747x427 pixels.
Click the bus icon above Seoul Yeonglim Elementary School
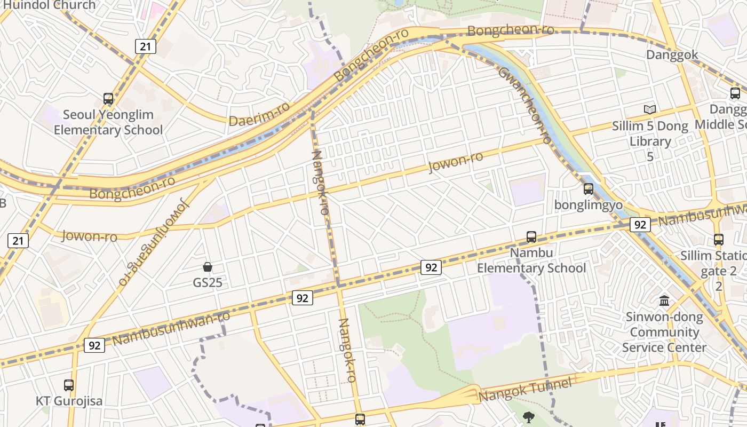(108, 99)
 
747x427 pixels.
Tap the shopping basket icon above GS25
(208, 267)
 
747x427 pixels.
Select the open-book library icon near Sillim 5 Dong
(649, 109)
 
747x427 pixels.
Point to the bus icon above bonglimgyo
(589, 189)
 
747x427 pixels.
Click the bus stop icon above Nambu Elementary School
(531, 236)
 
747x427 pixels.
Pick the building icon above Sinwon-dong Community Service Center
(664, 301)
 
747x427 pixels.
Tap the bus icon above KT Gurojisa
(69, 385)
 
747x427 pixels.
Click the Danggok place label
(672, 55)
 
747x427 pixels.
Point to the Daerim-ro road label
(259, 114)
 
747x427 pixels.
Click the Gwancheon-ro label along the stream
(525, 106)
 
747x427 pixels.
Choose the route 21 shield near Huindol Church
(145, 46)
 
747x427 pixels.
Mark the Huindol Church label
(50, 5)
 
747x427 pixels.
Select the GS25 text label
(208, 282)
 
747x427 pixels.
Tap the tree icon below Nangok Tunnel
(529, 417)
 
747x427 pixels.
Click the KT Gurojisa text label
(69, 401)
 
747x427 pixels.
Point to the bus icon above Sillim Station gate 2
(719, 240)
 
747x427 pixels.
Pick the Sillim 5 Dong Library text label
(650, 134)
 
